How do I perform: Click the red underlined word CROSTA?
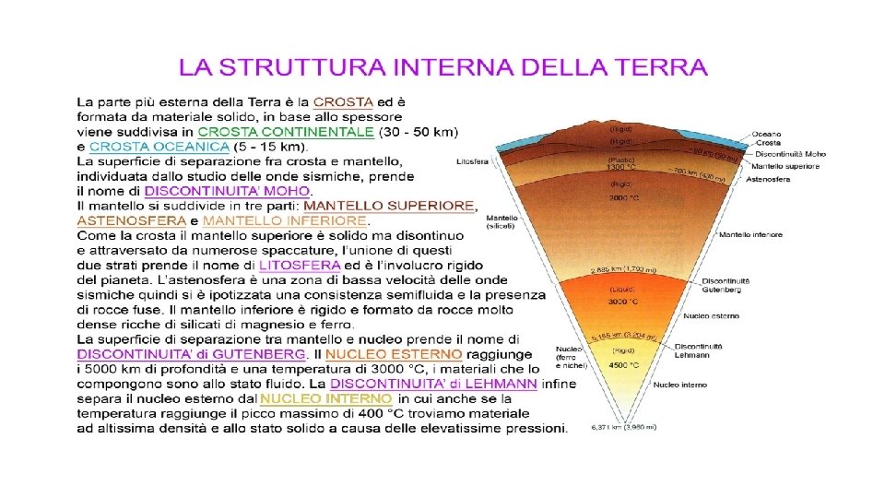[343, 102]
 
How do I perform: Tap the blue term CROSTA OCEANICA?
[159, 147]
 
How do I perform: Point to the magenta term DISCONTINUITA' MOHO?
[227, 190]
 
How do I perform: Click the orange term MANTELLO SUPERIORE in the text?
[390, 205]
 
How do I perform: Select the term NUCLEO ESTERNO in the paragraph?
[394, 353]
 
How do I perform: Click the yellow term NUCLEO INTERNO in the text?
[313, 399]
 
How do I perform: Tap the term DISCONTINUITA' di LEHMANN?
[433, 383]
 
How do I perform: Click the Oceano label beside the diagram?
[767, 135]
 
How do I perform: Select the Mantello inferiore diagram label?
[751, 235]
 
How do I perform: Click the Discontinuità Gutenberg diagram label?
[726, 284]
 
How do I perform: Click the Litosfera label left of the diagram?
[473, 161]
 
